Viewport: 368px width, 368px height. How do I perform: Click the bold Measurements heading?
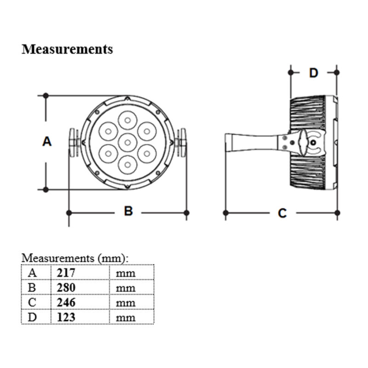[x=67, y=49]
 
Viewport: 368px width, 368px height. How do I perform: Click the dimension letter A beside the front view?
[x=47, y=142]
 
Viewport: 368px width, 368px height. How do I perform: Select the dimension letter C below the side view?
[x=282, y=213]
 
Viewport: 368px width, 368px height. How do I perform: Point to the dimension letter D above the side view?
[x=314, y=73]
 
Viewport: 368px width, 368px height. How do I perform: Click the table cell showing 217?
[x=79, y=272]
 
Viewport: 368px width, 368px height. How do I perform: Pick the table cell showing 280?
[x=79, y=287]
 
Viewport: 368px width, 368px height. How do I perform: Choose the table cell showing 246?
[x=79, y=302]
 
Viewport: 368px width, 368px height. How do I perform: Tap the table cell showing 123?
[x=79, y=317]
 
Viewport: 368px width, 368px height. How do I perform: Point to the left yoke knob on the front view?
[x=73, y=143]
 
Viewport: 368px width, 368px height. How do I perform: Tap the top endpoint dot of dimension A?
[x=46, y=96]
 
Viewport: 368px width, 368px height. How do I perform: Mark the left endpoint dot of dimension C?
[x=226, y=213]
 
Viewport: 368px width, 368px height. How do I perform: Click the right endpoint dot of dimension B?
[x=186, y=213]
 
